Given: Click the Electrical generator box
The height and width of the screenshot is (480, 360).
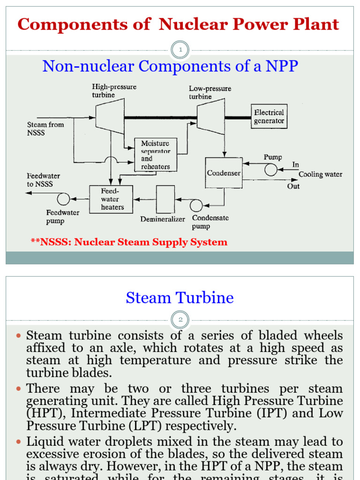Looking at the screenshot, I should point(269,117).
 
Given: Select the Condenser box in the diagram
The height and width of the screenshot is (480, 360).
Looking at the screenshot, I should point(224,173).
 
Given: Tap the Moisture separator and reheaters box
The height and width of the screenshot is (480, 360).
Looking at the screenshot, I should point(156,155).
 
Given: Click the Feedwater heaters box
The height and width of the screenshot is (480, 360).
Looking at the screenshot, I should point(111,199).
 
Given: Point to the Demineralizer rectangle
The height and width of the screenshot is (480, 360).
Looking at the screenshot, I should point(165,199).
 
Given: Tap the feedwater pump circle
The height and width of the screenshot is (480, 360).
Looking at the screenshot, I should point(63,199).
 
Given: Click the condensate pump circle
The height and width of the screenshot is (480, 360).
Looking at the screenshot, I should point(196,205).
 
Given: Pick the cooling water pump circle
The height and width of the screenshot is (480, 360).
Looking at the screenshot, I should point(271,170).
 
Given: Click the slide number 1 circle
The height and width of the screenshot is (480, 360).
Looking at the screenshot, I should point(180,50).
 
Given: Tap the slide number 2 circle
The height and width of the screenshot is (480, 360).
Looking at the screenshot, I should point(180,320).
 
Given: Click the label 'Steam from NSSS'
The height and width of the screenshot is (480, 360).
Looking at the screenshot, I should point(45,128).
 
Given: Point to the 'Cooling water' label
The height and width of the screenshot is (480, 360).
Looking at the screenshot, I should point(321,174).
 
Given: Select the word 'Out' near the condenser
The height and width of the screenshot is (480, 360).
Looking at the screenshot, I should point(293,186).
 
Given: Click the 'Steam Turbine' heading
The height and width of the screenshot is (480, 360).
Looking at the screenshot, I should point(180,298).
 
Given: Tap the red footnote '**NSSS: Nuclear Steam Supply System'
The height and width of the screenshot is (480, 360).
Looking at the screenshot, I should point(129,242).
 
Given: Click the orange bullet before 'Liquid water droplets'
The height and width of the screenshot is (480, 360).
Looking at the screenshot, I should point(19,442).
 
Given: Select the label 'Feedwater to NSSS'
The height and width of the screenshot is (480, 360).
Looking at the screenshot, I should point(43,180).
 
